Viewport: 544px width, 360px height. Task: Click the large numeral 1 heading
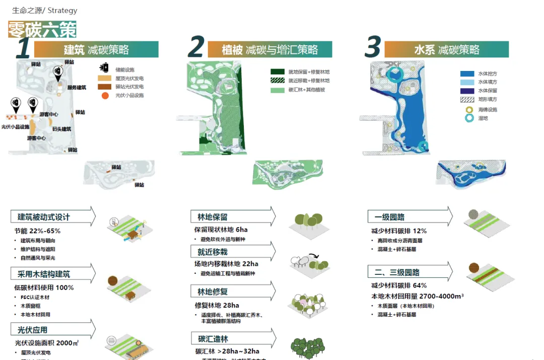(x=23, y=49)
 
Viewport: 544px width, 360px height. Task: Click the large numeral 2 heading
(x=196, y=48)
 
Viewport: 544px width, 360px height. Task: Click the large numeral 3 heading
(x=372, y=48)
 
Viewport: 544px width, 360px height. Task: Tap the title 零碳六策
(x=42, y=30)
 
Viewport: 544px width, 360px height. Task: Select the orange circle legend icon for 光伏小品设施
(x=104, y=95)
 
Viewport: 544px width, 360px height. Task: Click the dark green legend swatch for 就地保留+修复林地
(x=278, y=72)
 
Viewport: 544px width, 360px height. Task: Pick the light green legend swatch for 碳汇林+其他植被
(x=278, y=90)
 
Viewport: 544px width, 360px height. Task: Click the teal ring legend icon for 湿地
(x=469, y=118)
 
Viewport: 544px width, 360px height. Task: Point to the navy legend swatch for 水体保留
(x=467, y=91)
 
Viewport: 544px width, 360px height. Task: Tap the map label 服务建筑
(x=77, y=88)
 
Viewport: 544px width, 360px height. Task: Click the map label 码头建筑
(x=61, y=129)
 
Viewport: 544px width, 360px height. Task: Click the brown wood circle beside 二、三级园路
(x=473, y=267)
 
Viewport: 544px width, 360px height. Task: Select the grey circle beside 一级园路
(x=473, y=214)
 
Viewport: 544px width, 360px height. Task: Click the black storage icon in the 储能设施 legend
(x=105, y=68)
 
